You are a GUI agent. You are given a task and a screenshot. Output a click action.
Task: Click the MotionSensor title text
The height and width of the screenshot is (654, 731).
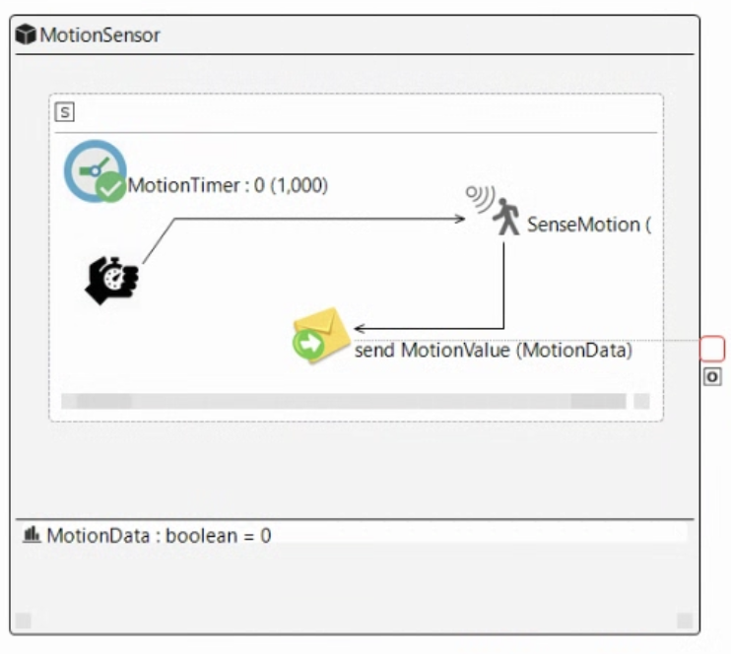coord(100,35)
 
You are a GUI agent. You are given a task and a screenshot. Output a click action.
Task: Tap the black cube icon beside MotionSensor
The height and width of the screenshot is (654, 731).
coord(27,35)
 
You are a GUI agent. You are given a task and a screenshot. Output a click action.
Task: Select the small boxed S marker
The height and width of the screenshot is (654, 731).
coord(65,112)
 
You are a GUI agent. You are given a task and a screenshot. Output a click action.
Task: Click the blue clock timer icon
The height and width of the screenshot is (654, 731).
coord(93,170)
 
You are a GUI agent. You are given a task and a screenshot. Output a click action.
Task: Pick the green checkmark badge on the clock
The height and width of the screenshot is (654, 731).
coord(111,186)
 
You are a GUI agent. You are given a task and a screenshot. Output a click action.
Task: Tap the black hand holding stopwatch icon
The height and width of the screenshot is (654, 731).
coord(111,280)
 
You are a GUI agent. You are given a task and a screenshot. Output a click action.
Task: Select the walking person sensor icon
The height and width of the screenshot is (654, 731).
coord(507,217)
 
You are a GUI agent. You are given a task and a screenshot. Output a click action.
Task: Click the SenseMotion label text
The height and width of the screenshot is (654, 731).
coord(588,225)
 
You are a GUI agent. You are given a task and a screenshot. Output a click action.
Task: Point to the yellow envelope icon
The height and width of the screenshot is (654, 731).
coord(323,331)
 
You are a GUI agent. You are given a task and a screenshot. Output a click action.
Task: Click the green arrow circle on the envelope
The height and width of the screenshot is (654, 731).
coord(307,344)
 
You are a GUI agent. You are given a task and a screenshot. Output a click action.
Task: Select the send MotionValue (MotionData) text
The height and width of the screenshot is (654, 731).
coord(493,350)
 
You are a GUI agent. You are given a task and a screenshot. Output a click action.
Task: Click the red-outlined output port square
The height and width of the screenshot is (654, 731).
coord(712,348)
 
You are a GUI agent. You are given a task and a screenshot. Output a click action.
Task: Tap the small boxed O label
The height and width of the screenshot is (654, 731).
coord(712,376)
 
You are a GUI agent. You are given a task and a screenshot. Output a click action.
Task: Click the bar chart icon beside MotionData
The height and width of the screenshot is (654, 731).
coord(32,535)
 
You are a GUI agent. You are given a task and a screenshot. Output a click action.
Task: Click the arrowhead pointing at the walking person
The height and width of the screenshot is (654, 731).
coord(459,219)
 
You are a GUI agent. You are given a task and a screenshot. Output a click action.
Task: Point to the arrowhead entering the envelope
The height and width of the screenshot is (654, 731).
coord(361,328)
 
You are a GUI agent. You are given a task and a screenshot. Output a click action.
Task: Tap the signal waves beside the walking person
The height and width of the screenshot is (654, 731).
coord(481,198)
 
